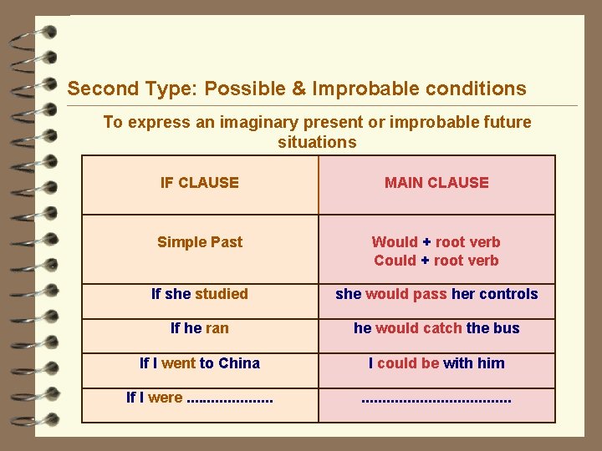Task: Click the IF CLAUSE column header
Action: click(199, 183)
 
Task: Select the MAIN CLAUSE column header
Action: click(436, 183)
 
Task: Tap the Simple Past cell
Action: click(200, 242)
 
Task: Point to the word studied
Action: click(222, 294)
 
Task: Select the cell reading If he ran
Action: click(200, 328)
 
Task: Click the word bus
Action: click(507, 328)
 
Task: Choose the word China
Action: click(239, 363)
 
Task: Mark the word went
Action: click(177, 363)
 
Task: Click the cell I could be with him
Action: click(436, 363)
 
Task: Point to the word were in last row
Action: click(165, 398)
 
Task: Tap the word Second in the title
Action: click(96, 89)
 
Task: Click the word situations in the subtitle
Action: click(317, 143)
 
